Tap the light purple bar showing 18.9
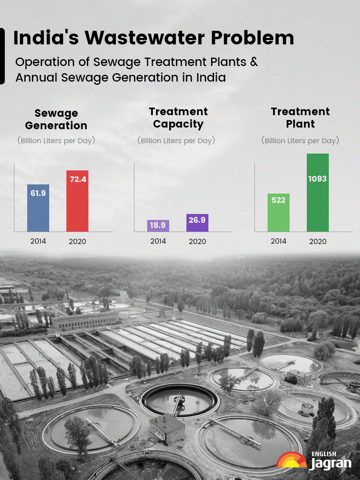(158, 226)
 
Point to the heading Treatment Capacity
(178, 118)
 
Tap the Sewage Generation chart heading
(56, 119)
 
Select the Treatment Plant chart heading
(300, 118)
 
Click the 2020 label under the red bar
(77, 242)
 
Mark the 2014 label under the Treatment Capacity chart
(158, 241)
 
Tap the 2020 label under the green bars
(318, 242)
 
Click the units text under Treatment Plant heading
(300, 141)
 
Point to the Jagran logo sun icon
(291, 460)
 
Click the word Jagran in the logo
(331, 464)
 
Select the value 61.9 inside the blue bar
(38, 193)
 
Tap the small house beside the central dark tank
(167, 428)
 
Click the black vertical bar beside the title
(2, 56)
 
